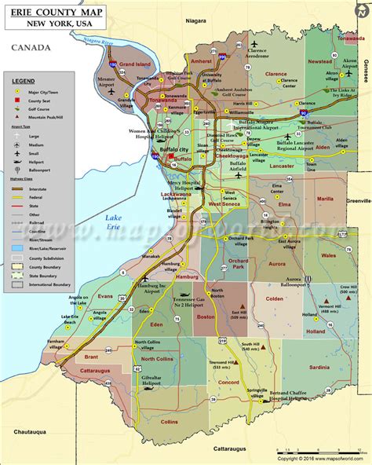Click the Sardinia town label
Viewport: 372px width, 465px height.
(x=319, y=367)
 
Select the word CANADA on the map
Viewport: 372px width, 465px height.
(x=31, y=48)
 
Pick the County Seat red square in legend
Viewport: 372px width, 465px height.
(x=14, y=101)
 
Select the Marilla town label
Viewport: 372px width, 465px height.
(x=324, y=200)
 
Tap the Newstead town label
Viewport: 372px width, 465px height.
(x=319, y=60)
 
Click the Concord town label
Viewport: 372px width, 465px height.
(x=228, y=382)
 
